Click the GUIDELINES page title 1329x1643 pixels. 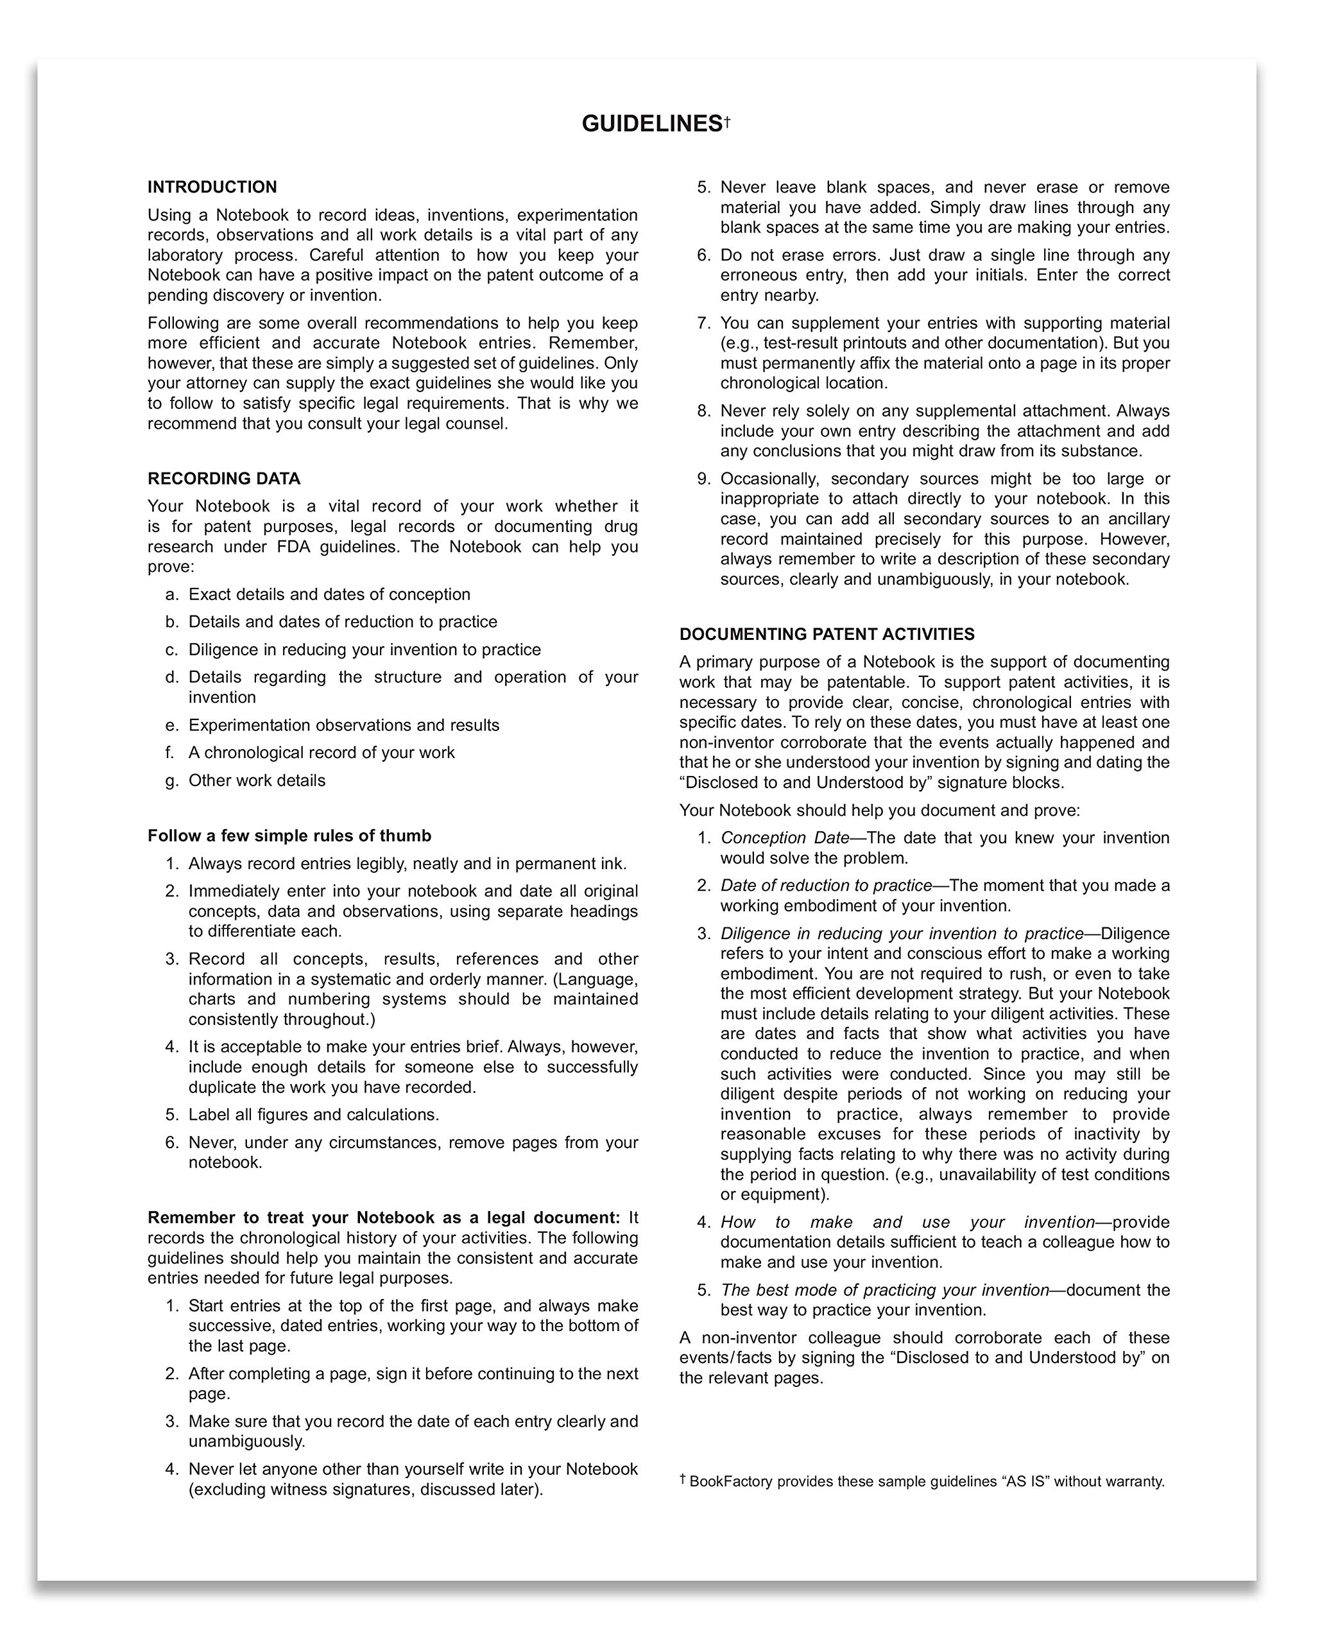pos(651,124)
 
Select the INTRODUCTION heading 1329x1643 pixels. pos(212,187)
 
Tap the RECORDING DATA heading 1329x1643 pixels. pos(223,479)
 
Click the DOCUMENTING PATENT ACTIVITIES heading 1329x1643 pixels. pos(827,634)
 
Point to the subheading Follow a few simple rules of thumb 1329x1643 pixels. pos(289,835)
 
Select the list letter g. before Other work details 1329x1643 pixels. pos(171,780)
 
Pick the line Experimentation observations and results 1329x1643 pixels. pos(344,725)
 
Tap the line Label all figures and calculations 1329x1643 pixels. pos(314,1115)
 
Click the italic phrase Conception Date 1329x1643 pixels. pos(785,838)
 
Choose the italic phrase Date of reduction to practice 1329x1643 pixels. pos(826,885)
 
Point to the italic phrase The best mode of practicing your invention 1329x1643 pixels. pos(884,1290)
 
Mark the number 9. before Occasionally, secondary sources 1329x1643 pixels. pos(703,479)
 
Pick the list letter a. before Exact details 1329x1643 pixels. pos(171,594)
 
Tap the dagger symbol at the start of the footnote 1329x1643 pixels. pos(682,1479)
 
